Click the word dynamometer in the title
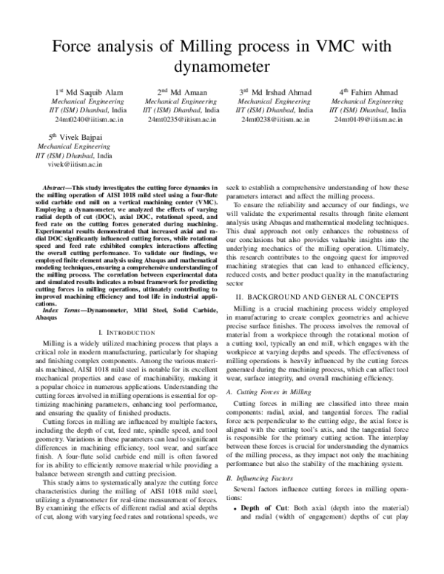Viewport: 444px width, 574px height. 221,67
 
